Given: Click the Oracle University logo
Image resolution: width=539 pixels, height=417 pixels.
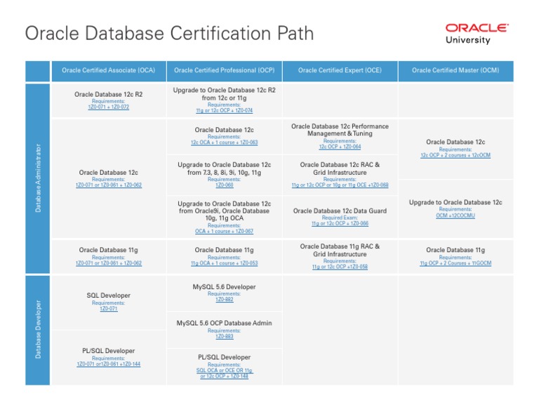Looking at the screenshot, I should (x=477, y=33).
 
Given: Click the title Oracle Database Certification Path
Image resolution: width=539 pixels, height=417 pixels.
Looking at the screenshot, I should (x=169, y=34).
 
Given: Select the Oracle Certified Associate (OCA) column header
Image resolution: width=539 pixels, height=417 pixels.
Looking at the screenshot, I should (x=108, y=70).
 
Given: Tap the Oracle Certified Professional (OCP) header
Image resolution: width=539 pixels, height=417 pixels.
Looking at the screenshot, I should (x=224, y=70).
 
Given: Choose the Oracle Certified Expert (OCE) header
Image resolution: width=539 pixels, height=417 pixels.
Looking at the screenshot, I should (x=340, y=70).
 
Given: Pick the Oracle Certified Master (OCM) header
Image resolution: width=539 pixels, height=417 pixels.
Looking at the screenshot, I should (x=455, y=70).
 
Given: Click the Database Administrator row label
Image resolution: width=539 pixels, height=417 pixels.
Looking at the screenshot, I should (x=39, y=178).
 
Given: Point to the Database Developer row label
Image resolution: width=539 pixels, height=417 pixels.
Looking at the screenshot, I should (x=39, y=329).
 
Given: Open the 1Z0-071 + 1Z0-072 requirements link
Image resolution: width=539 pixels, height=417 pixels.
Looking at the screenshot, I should (x=108, y=107).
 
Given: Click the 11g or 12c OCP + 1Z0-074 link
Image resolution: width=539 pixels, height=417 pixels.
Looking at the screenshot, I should (x=224, y=111).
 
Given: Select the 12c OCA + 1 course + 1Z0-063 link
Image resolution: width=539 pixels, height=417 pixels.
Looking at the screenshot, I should (x=224, y=143).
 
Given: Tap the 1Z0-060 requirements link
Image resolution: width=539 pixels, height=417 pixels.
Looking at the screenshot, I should (x=224, y=185).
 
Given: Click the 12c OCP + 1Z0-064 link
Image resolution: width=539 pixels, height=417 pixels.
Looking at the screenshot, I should (x=340, y=147).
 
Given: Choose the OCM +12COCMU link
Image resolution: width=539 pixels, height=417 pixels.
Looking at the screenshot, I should (x=455, y=216).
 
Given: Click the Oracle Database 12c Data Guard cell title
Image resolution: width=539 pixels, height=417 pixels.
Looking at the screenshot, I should (x=340, y=211).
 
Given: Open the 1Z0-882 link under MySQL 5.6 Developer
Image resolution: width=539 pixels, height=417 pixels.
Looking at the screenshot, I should (x=224, y=300).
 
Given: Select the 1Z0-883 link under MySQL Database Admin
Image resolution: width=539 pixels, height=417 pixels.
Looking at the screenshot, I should (x=224, y=336).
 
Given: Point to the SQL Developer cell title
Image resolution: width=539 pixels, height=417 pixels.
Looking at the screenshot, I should (x=105, y=296).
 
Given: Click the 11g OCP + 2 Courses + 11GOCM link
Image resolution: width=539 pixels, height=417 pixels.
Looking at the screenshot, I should (x=455, y=263).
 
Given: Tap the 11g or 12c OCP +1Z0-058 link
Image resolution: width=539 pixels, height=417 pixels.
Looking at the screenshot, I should (x=340, y=267).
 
